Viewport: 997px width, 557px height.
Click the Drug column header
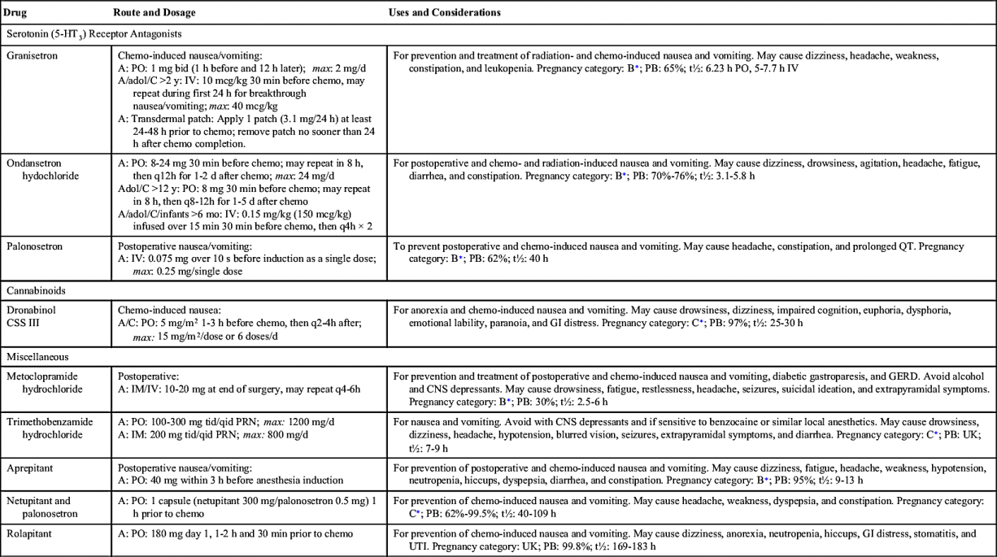15,14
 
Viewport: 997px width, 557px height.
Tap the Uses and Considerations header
446,14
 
